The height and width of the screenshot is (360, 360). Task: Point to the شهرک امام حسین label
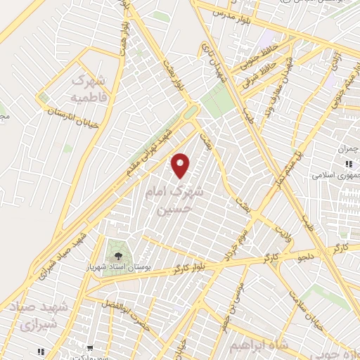[168, 200]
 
